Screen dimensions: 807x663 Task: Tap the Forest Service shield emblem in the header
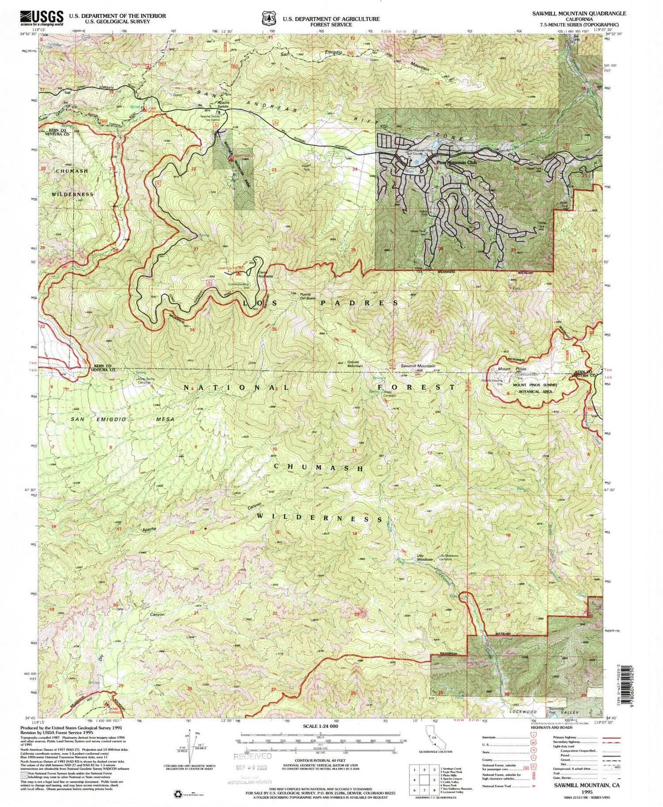click(267, 19)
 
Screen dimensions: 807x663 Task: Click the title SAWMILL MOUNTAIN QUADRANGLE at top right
click(579, 14)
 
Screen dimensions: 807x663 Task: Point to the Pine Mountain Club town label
click(457, 162)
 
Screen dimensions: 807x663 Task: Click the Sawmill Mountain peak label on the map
click(418, 366)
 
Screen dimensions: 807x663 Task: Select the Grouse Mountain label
click(354, 364)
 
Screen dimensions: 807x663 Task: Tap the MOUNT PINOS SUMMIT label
click(535, 385)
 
